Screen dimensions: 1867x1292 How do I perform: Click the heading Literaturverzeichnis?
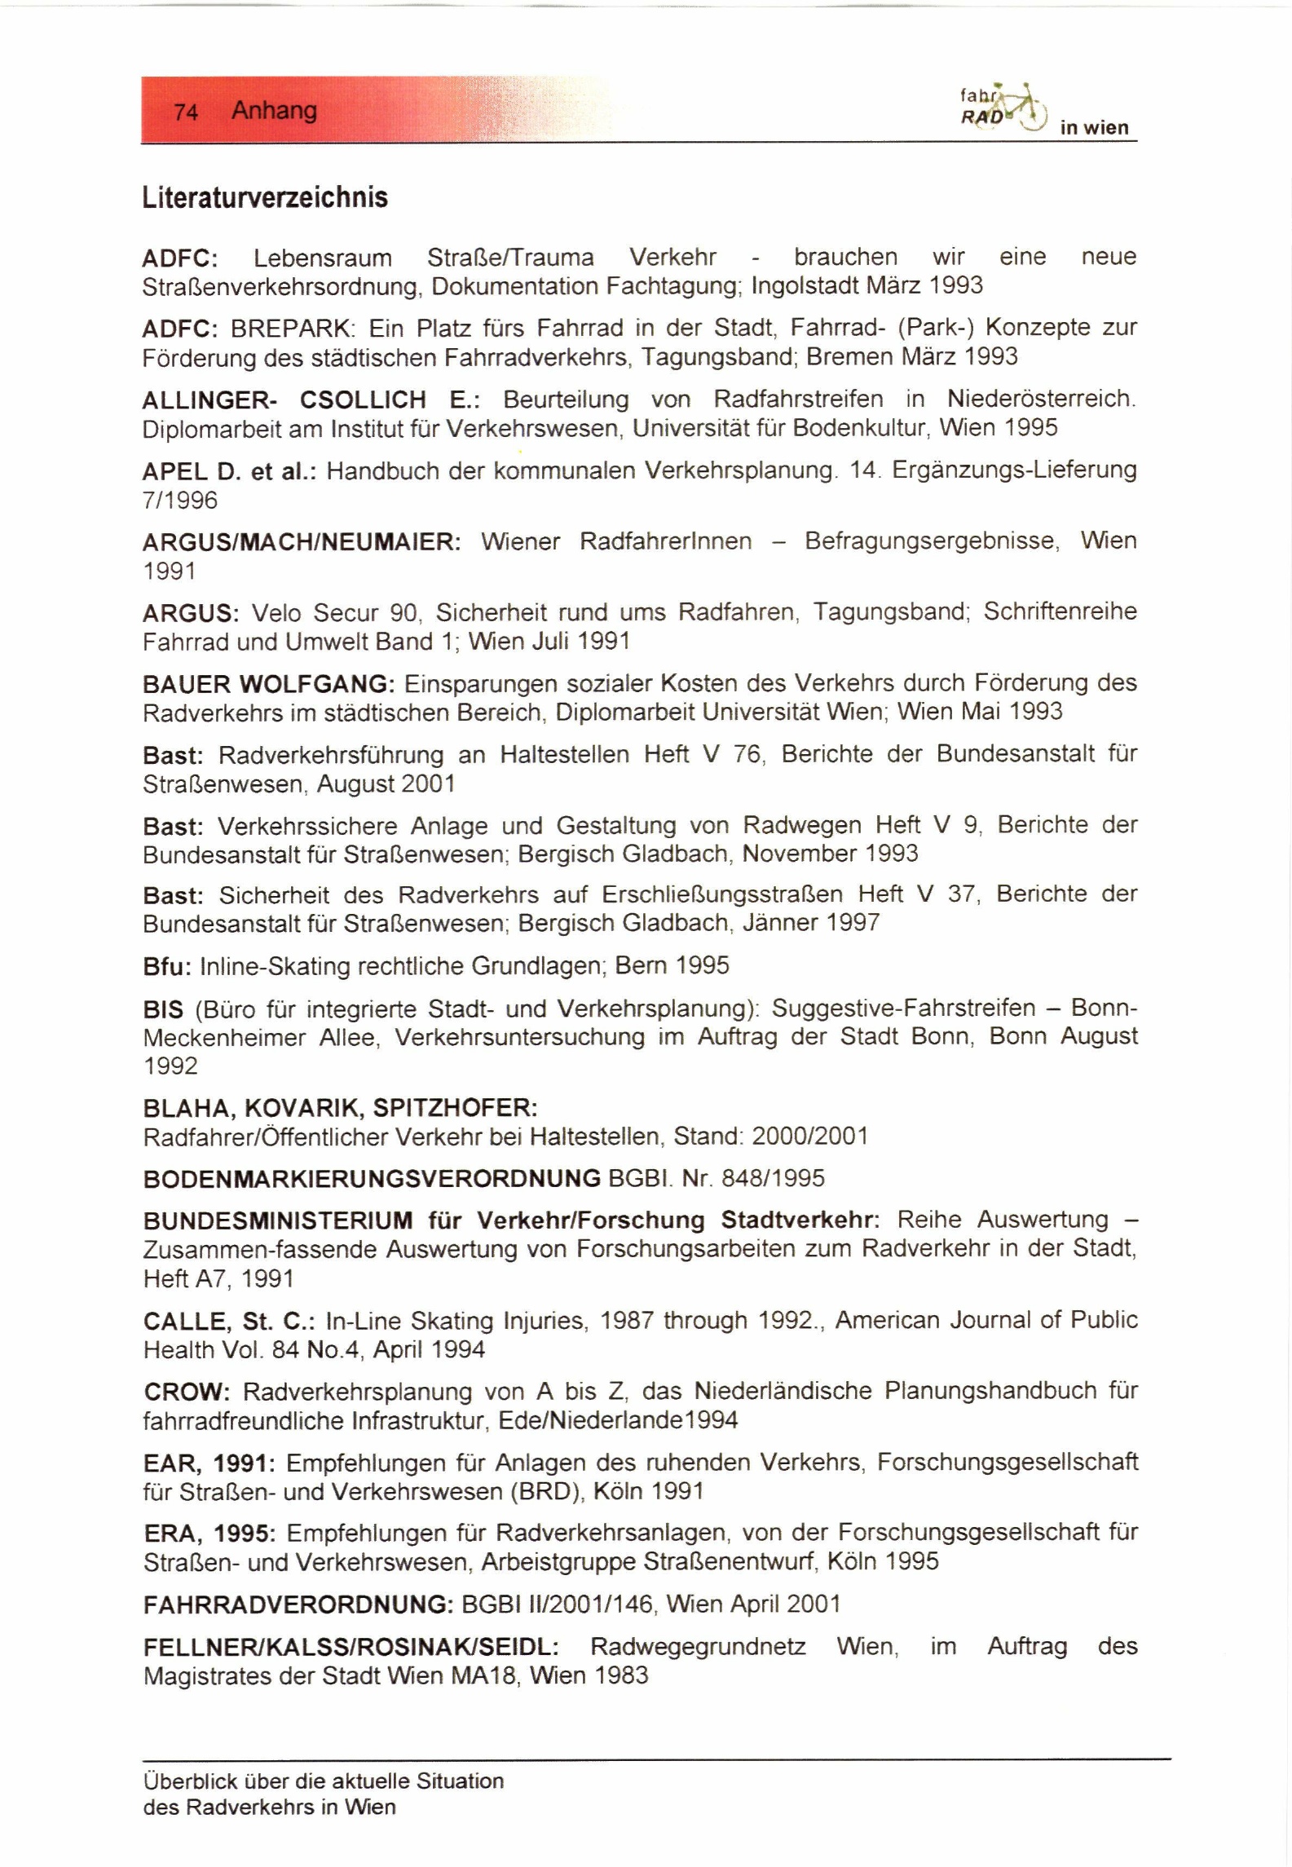pos(265,198)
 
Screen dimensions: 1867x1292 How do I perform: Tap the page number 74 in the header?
pos(186,112)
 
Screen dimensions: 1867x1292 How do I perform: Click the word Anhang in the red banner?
pos(274,110)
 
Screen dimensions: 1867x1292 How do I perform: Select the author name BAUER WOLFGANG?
pos(268,683)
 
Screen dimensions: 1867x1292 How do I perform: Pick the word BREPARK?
pos(293,329)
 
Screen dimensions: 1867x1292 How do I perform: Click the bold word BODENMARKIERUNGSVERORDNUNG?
pos(372,1178)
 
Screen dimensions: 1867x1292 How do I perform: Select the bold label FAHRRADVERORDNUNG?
pos(298,1604)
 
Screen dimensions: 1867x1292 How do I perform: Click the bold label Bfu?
pos(166,966)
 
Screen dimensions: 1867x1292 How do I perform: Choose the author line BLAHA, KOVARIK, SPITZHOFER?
pos(340,1108)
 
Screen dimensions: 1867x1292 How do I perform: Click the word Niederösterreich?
pos(1040,399)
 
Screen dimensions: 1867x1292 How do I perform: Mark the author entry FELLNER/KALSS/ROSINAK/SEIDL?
pos(351,1647)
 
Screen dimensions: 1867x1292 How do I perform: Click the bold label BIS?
pos(163,1009)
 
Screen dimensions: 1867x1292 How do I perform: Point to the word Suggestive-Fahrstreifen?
pos(903,1009)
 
